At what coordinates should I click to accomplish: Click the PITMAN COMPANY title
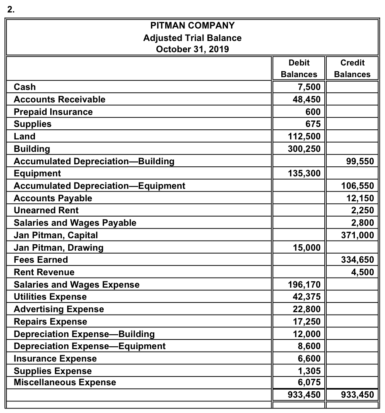(192, 26)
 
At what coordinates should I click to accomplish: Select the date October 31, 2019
(192, 49)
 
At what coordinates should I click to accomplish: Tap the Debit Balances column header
(299, 68)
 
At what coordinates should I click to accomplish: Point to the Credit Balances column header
(352, 68)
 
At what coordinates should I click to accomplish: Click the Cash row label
(25, 87)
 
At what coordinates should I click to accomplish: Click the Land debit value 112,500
(305, 136)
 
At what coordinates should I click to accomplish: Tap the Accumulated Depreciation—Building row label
(94, 161)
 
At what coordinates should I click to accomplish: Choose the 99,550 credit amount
(360, 161)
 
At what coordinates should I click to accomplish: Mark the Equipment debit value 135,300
(305, 174)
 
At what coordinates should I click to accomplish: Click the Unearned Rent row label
(46, 210)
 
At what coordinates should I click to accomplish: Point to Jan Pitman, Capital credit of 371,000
(358, 235)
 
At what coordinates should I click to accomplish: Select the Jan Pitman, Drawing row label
(58, 247)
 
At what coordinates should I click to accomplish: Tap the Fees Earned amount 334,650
(358, 260)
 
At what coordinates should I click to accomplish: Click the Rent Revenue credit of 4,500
(363, 272)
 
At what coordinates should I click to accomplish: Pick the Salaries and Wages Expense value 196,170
(305, 285)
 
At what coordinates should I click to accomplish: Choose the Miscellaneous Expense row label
(65, 382)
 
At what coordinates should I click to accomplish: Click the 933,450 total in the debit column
(305, 394)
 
